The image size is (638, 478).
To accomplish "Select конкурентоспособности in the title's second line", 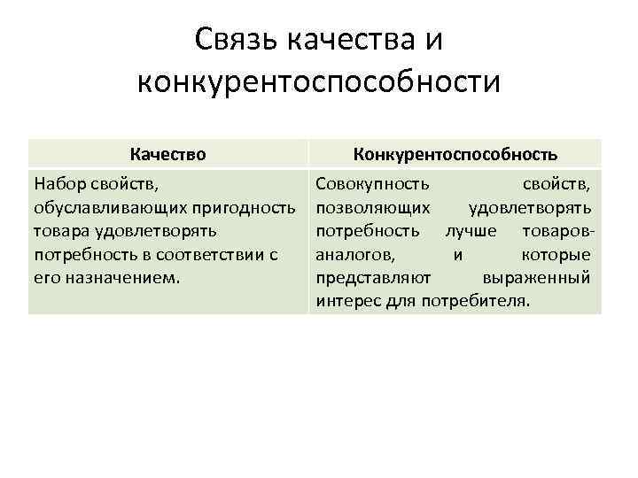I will pos(319,82).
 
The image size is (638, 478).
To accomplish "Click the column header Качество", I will pos(167,154).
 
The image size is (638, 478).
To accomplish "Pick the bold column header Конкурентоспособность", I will pos(455,154).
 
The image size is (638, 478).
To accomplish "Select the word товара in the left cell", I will pos(61,231).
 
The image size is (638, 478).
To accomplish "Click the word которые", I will pos(556,255).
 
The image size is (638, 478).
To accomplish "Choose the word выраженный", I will pos(536,278).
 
